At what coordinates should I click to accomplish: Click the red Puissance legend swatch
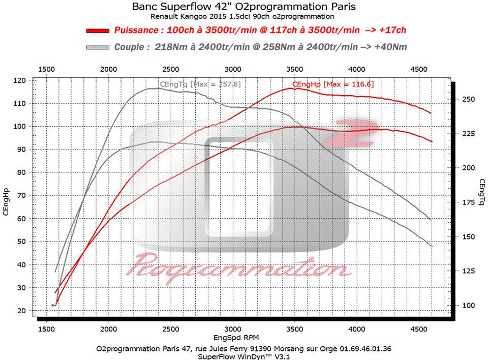pyautogui.click(x=98, y=31)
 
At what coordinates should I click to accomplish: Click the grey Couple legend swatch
pyautogui.click(x=98, y=47)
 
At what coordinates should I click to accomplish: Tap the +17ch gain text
pyautogui.click(x=391, y=31)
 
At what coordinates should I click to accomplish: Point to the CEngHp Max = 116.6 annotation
pyautogui.click(x=333, y=84)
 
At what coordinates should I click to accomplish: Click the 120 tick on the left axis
pyautogui.click(x=20, y=80)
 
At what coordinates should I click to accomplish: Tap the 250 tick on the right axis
pyautogui.click(x=468, y=99)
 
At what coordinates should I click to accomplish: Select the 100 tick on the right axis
pyautogui.click(x=468, y=306)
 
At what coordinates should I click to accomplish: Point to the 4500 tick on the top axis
pyautogui.click(x=418, y=69)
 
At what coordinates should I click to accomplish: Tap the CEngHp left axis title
pyautogui.click(x=6, y=202)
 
